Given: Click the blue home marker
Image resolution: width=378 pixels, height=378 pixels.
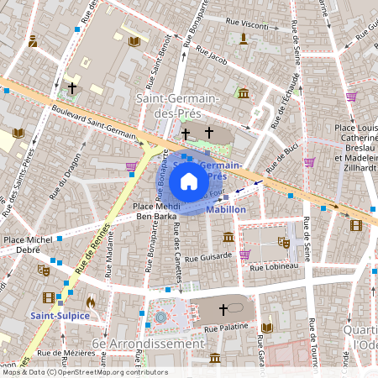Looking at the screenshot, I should click(x=189, y=181).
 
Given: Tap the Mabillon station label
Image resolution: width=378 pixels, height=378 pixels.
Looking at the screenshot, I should click(x=225, y=208).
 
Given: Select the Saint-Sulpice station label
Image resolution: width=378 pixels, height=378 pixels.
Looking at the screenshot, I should click(x=60, y=315).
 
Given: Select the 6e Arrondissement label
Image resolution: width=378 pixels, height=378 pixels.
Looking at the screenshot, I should click(x=137, y=344).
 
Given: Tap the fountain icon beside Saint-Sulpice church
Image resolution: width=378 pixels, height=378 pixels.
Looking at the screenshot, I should click(x=160, y=318).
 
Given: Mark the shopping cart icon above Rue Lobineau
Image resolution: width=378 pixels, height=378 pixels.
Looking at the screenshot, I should click(x=244, y=254).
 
